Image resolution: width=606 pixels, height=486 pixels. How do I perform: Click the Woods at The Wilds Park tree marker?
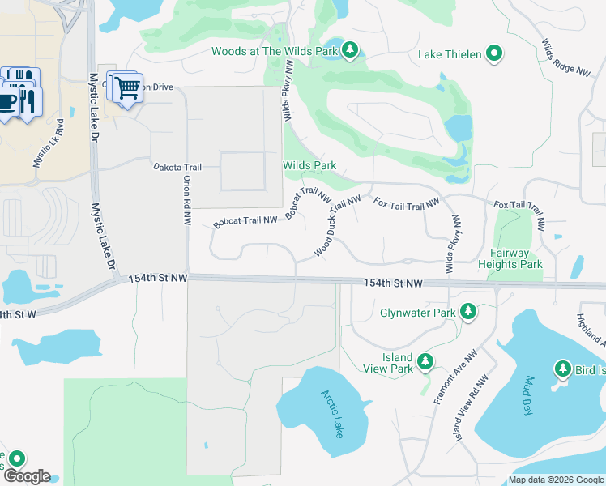click(350, 52)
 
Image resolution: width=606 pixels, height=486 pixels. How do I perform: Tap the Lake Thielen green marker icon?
click(493, 55)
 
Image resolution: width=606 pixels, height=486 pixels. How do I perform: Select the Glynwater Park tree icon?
click(467, 313)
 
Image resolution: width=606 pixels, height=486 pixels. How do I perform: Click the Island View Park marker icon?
click(424, 363)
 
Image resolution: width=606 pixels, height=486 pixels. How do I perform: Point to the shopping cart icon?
click(126, 87)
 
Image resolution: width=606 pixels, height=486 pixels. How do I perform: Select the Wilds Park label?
click(309, 165)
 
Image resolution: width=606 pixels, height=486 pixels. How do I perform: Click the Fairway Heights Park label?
click(510, 258)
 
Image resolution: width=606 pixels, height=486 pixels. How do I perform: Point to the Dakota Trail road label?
click(177, 167)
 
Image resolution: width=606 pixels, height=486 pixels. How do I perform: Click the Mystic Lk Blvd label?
click(49, 143)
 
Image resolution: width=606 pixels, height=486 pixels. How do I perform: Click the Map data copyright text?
click(556, 480)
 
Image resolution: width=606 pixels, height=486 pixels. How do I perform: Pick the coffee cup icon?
click(8, 102)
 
